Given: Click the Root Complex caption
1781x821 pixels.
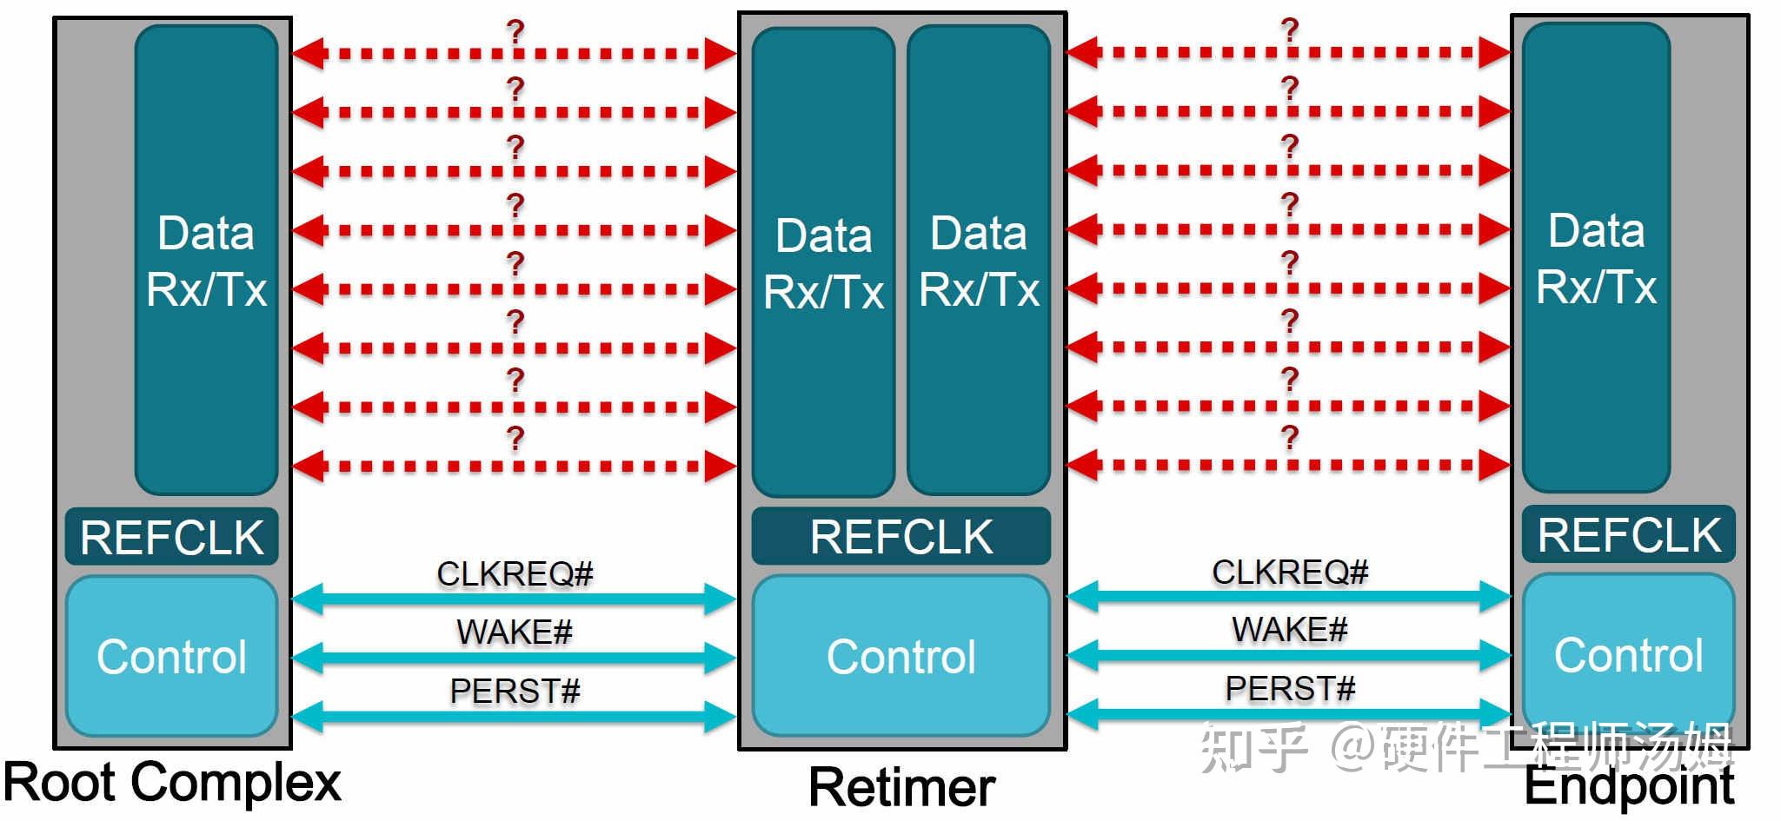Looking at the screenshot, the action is [172, 783].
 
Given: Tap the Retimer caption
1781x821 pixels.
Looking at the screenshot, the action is [901, 788].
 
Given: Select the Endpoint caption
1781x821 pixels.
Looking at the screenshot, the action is [1629, 785].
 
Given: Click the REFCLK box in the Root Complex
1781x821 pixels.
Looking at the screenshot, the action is [172, 537].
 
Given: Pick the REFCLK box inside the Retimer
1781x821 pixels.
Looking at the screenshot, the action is [901, 536].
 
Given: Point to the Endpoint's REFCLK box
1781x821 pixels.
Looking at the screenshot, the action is [1629, 534].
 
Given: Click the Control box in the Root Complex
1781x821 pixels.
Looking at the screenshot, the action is [172, 656].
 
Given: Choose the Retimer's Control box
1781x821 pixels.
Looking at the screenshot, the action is [901, 656].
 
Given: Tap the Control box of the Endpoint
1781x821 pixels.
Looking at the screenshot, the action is [1629, 654].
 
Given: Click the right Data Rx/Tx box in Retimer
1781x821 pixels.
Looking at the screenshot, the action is [979, 261].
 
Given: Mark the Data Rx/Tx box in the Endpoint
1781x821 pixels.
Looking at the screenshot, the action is [1597, 258].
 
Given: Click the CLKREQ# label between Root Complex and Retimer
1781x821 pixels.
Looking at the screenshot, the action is [515, 573].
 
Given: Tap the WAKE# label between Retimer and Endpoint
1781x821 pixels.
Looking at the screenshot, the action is [1289, 629].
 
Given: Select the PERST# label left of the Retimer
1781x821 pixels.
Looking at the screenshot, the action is [515, 692].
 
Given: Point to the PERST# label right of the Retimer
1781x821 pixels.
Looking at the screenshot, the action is [1290, 689].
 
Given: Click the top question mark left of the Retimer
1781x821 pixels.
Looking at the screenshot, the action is [515, 32].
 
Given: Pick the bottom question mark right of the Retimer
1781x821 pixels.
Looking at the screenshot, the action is [1290, 437].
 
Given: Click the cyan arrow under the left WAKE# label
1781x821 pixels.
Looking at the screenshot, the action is [515, 658].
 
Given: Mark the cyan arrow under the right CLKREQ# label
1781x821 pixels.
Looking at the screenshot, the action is [1289, 596].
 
